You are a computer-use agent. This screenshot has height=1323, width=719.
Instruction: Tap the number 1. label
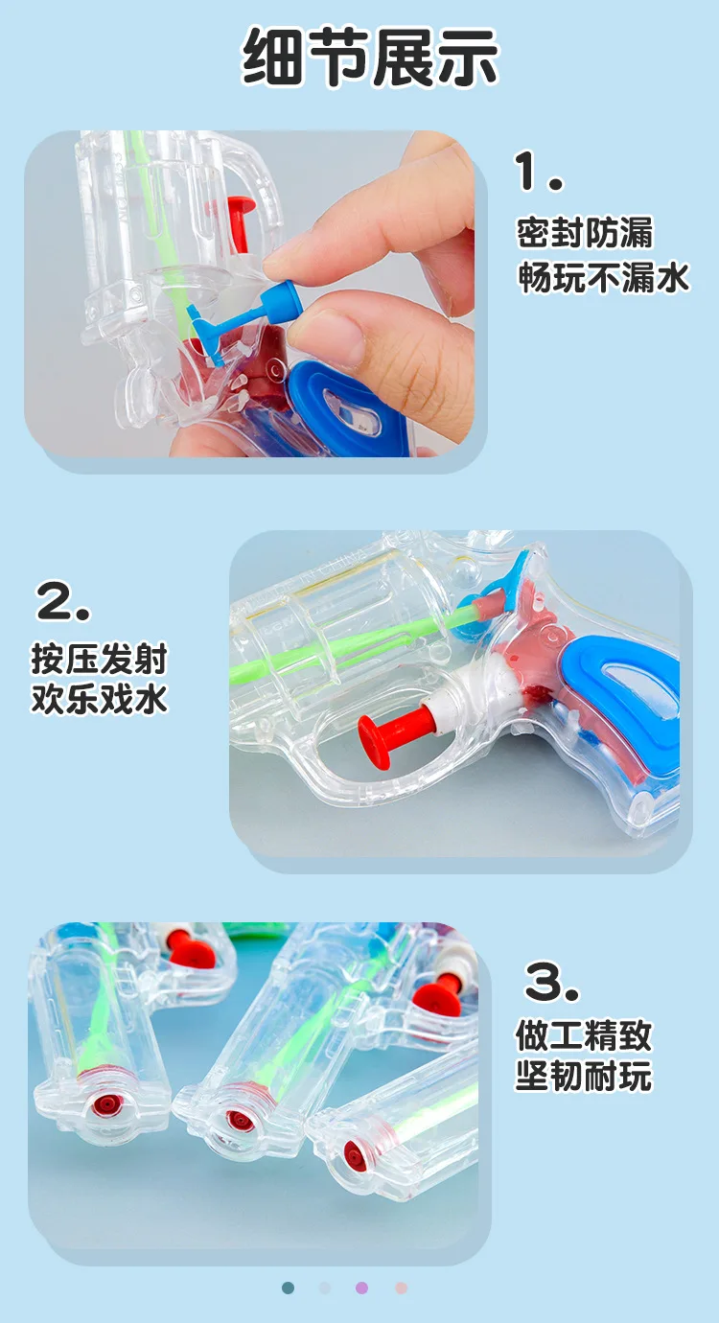539,173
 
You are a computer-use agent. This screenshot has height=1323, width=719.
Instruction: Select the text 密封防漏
585,233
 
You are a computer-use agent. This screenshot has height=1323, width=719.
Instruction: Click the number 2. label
63,602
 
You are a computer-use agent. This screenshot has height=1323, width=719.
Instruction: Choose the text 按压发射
99,660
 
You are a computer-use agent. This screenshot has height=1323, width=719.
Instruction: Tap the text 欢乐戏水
99,698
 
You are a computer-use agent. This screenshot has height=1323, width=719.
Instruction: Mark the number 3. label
552,982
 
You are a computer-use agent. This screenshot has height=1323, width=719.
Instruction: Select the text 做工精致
584,1035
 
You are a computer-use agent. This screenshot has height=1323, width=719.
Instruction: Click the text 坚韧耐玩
584,1076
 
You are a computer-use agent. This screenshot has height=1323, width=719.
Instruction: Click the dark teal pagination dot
289,1288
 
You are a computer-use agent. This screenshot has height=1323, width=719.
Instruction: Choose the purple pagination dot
361,1288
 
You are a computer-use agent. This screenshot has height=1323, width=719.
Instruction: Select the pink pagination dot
401,1288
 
